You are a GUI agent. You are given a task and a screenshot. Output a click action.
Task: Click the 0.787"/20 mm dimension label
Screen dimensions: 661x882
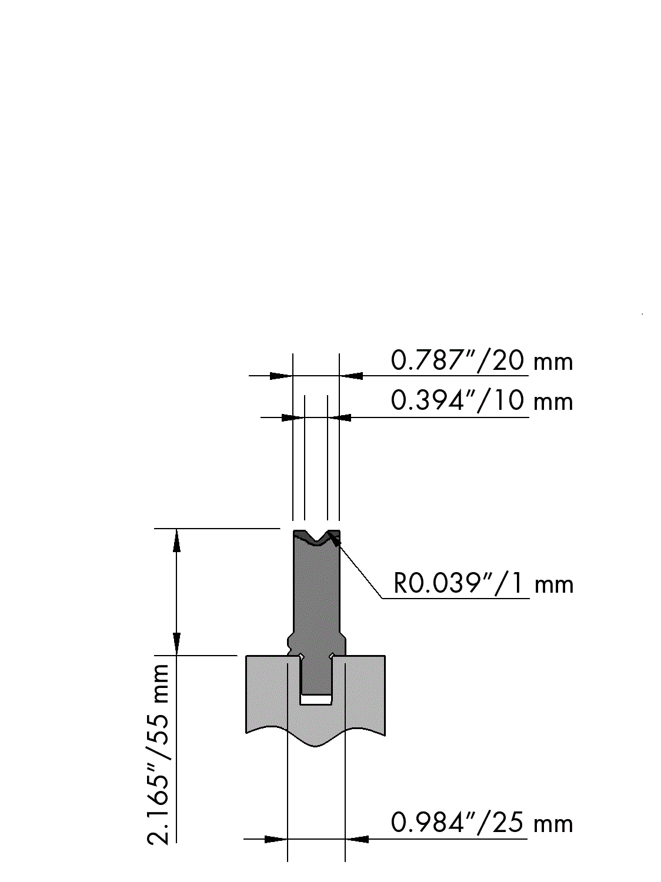tap(482, 361)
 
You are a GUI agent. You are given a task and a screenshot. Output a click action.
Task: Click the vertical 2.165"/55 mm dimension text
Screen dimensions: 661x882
tap(158, 747)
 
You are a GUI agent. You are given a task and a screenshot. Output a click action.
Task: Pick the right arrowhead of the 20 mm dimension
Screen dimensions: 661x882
tap(351, 376)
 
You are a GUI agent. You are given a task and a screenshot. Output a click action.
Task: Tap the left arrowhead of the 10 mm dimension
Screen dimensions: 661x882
tap(293, 417)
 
